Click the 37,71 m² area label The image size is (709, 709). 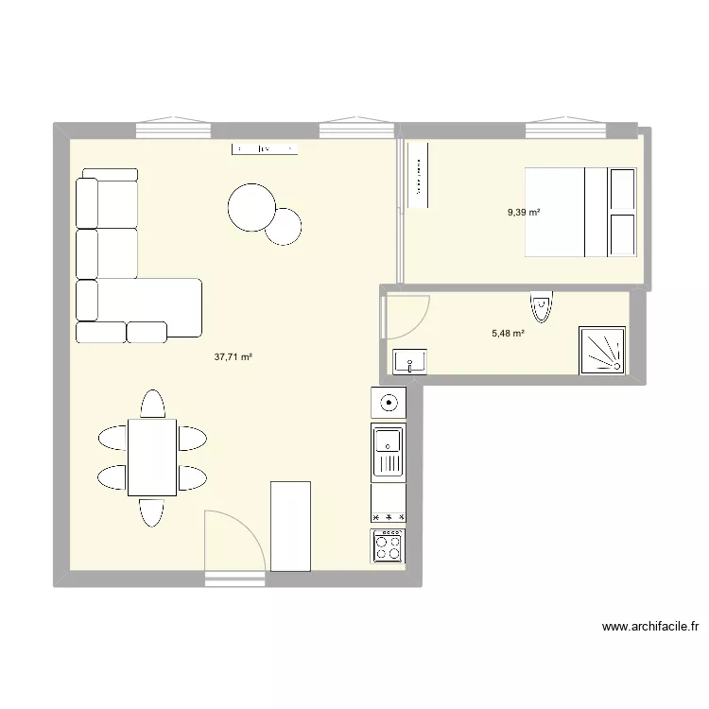pos(233,357)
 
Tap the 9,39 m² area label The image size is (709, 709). pos(524,212)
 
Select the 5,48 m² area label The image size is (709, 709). pos(509,333)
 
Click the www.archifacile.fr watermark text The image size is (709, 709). pos(649,626)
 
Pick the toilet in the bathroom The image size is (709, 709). pos(540,306)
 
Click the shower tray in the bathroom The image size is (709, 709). pos(602,351)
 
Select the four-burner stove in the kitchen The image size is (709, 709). pos(389,546)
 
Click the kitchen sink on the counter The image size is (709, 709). pos(388,451)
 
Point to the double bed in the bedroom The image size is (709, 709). pos(579,212)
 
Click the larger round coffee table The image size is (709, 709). pos(251,207)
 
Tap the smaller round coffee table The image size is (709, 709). pos(283,226)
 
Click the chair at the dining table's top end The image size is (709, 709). pos(151,404)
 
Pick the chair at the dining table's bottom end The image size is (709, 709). pos(151,511)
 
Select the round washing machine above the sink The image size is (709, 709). pos(388,403)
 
